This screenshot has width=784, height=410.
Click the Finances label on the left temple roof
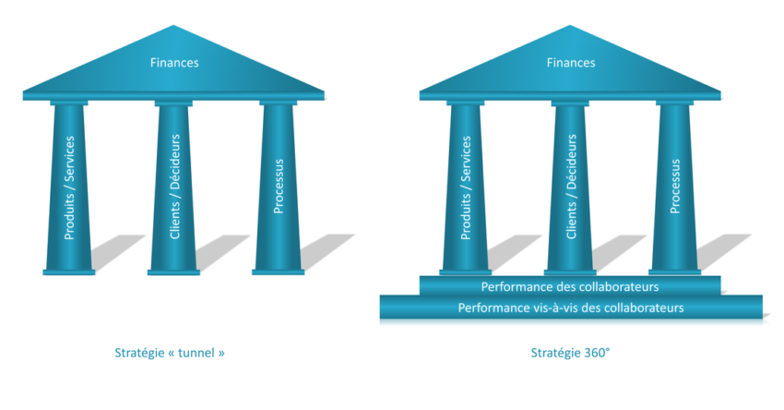tap(174, 63)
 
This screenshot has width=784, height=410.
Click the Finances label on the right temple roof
tap(571, 63)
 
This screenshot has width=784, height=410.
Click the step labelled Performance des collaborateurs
tap(570, 287)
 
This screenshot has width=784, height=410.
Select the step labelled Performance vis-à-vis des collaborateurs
tap(571, 307)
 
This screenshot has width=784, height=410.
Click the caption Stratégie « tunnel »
tap(170, 353)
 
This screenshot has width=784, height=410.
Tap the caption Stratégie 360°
tap(571, 353)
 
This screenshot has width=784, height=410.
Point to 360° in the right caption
tap(595, 353)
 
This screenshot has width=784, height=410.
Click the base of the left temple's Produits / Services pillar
tap(69, 271)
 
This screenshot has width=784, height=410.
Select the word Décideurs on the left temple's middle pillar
tap(175, 165)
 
